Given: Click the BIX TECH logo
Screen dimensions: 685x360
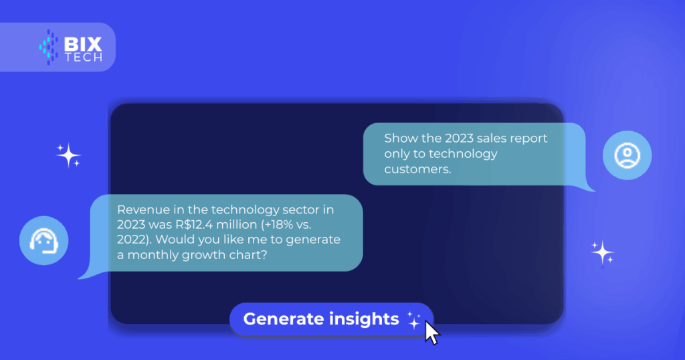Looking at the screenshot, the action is pyautogui.click(x=71, y=48).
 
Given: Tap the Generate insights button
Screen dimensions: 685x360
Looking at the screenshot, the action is pyautogui.click(x=331, y=319).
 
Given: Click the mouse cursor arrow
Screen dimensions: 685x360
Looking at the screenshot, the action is pyautogui.click(x=432, y=333).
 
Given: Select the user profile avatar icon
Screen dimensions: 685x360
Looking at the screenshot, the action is pyautogui.click(x=627, y=155).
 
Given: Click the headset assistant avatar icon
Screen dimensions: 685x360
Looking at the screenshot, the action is pyautogui.click(x=43, y=240).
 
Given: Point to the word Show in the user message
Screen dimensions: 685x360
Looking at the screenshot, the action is pyautogui.click(x=401, y=138).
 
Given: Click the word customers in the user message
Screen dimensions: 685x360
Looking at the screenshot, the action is pyautogui.click(x=417, y=169).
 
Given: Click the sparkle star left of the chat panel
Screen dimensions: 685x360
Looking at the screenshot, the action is pyautogui.click(x=69, y=155).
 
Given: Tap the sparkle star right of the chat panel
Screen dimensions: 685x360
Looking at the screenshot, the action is pyautogui.click(x=603, y=252).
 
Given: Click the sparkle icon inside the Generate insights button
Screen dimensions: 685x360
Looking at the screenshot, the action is pyautogui.click(x=413, y=320).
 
